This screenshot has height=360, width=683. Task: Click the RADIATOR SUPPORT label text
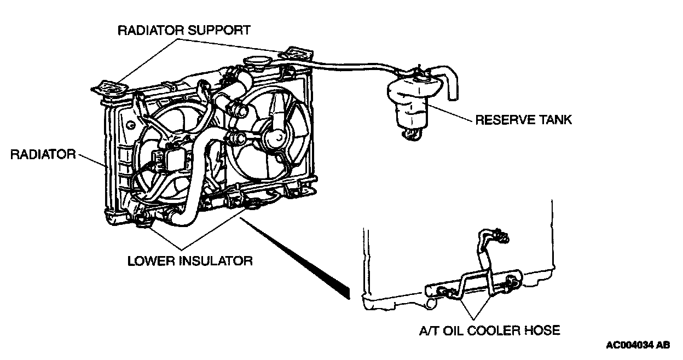[184, 30]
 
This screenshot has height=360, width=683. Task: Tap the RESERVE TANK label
[523, 120]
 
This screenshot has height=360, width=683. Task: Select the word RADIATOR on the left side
[43, 155]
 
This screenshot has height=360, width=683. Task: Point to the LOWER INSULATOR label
[190, 261]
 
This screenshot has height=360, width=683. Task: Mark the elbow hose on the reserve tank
[445, 82]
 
